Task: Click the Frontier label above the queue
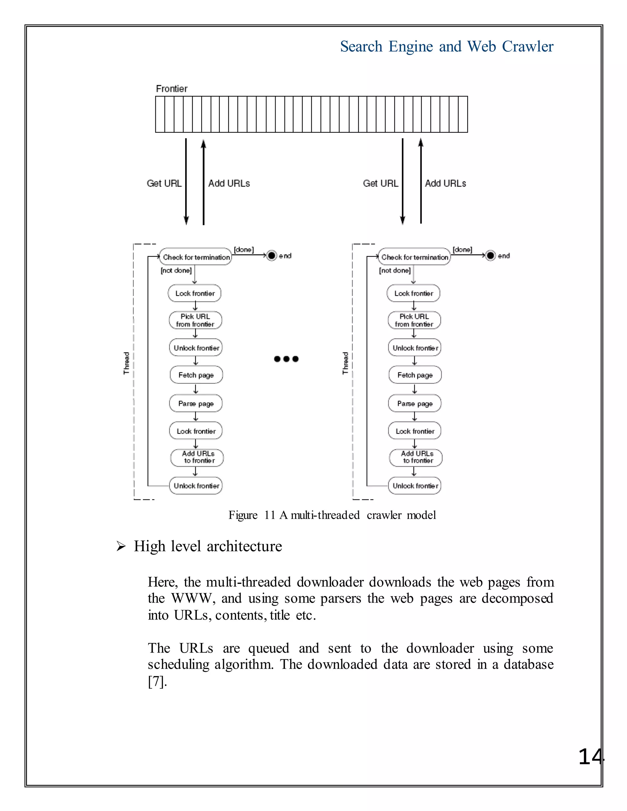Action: (172, 89)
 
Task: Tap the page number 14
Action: (591, 757)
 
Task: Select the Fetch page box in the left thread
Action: (196, 375)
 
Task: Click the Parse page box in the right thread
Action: (415, 404)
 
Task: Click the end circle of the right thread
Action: (491, 256)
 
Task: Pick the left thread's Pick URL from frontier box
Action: (195, 320)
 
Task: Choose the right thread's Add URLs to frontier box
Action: (416, 458)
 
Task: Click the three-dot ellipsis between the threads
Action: (286, 359)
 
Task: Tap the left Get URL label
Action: (164, 183)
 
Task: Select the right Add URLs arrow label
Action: (445, 183)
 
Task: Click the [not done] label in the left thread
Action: (176, 270)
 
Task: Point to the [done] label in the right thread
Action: (463, 249)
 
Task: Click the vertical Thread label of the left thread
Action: (127, 363)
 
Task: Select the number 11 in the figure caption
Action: (270, 515)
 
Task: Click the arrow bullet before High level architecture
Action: (121, 547)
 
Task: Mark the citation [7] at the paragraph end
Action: (157, 682)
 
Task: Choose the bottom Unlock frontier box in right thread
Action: (415, 486)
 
